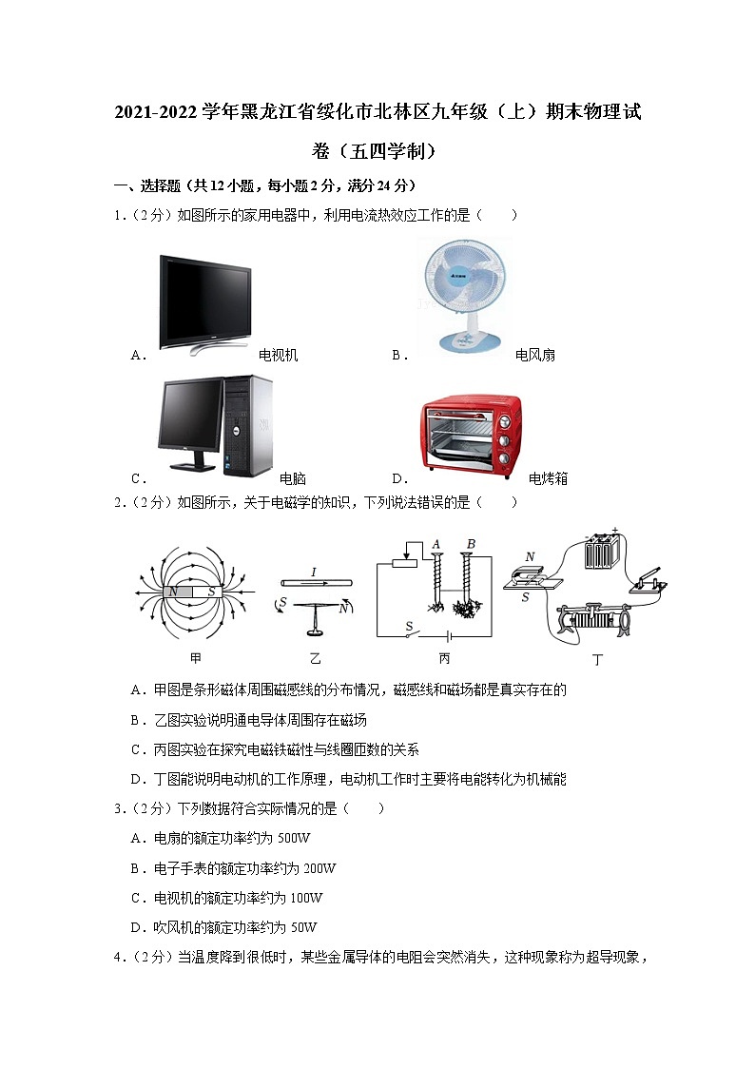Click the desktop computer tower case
click(x=247, y=425)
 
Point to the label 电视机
click(x=279, y=355)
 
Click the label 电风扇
click(x=534, y=355)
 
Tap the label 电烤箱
click(x=548, y=478)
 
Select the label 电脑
click(x=293, y=478)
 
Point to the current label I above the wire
click(x=313, y=572)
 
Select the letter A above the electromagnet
click(x=436, y=544)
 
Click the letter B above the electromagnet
click(x=470, y=544)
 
